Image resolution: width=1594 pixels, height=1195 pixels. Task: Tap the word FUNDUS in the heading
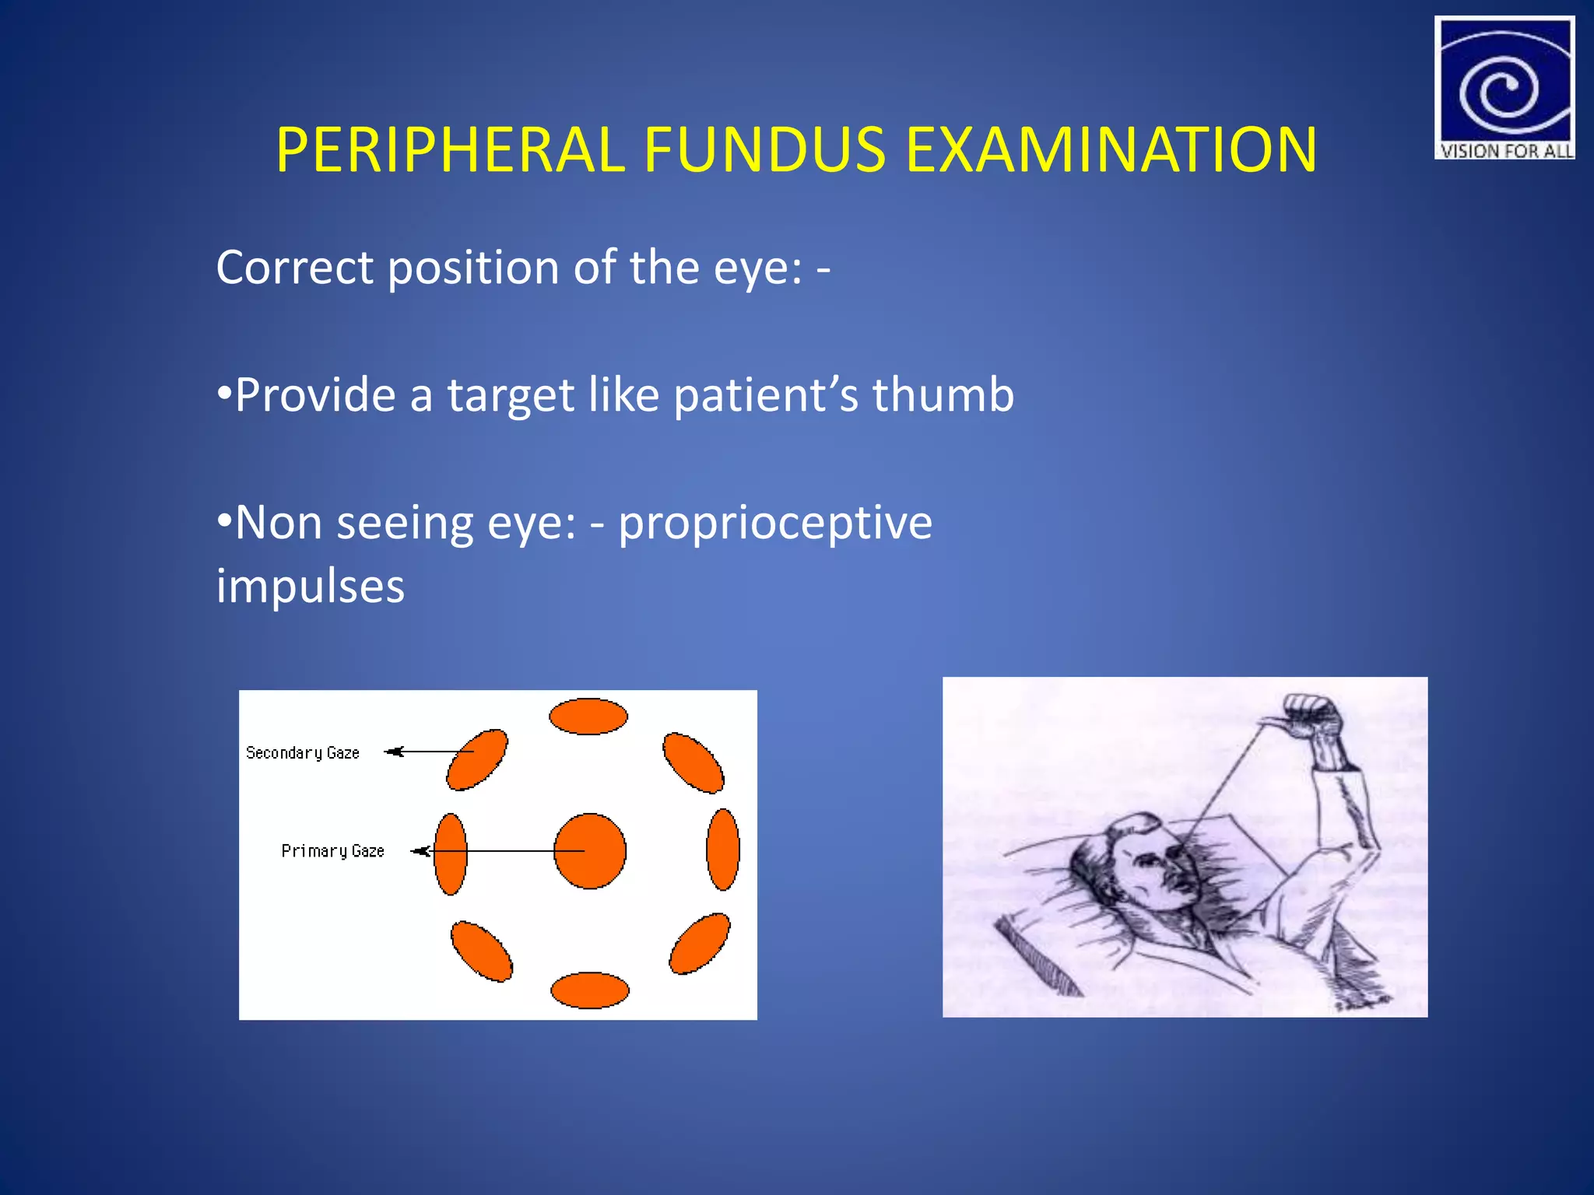(x=764, y=149)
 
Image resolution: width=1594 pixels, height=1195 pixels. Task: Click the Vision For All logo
(x=1504, y=88)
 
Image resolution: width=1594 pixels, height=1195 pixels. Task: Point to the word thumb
(x=943, y=394)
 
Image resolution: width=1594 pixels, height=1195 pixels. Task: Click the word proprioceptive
(x=775, y=522)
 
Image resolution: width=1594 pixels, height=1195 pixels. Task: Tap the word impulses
(x=311, y=586)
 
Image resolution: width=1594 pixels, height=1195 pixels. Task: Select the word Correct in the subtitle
(x=294, y=268)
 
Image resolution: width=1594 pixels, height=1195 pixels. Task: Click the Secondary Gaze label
(x=303, y=753)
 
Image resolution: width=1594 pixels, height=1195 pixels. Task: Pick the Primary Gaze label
(x=332, y=851)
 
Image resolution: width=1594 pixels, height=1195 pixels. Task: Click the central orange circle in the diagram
(x=589, y=851)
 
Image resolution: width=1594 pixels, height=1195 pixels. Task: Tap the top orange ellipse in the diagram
(x=588, y=717)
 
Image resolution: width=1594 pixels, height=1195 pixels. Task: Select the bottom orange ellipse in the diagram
(x=589, y=990)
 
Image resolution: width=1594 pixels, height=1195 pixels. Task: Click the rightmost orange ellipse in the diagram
(x=723, y=850)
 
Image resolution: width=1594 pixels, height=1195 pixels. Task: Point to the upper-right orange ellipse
(x=693, y=762)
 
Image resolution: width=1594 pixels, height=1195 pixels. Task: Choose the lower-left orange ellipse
(x=482, y=951)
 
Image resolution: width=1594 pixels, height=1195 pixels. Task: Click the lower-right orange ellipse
(x=700, y=944)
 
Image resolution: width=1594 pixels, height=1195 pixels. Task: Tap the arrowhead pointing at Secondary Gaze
(x=394, y=752)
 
